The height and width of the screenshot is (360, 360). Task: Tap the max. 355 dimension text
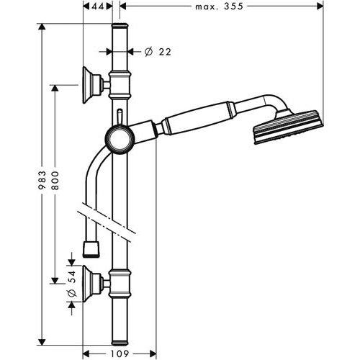click(220, 6)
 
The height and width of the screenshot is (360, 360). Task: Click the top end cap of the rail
click(120, 28)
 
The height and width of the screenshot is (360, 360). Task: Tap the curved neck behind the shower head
click(259, 101)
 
